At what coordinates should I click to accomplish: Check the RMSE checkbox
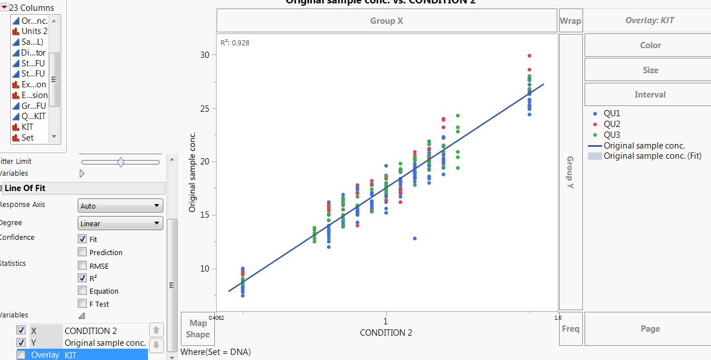point(83,266)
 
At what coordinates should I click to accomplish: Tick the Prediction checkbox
point(83,252)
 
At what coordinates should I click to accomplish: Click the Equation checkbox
point(83,291)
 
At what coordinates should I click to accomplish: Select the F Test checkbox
point(83,304)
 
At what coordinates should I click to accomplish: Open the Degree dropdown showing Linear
point(120,223)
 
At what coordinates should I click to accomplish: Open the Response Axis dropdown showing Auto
point(120,206)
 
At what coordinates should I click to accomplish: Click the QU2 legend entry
point(612,124)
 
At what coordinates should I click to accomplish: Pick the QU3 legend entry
point(612,135)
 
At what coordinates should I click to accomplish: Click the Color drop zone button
point(650,45)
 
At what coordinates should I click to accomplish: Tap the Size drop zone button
point(650,70)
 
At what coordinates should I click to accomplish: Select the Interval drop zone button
point(650,95)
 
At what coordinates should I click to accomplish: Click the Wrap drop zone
point(570,21)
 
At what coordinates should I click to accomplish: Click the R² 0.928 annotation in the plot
point(235,43)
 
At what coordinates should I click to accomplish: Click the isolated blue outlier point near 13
point(415,238)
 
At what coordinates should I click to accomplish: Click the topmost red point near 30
point(530,56)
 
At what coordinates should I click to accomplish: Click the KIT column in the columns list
point(27,127)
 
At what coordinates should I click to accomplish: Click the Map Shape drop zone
point(197,329)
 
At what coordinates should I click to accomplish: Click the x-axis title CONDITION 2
point(386,333)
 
